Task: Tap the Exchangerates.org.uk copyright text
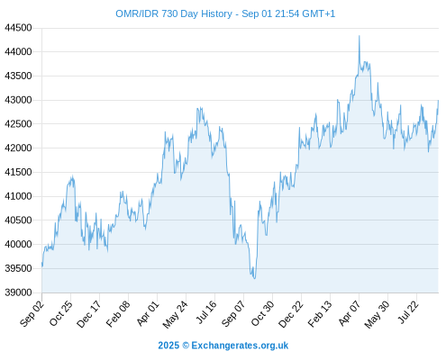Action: [x=223, y=346]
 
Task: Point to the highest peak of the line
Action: [x=360, y=36]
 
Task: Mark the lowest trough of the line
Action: [x=255, y=278]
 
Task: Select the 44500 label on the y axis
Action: [x=18, y=28]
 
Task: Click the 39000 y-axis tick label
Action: [x=18, y=292]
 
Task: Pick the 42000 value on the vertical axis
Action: [x=18, y=148]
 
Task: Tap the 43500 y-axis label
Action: [x=18, y=76]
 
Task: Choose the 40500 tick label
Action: [x=18, y=220]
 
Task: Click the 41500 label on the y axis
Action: [x=18, y=172]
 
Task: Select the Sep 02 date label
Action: [x=32, y=313]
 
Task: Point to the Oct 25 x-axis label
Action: [x=61, y=313]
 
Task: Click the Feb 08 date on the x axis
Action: [x=119, y=313]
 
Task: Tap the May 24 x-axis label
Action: [x=176, y=314]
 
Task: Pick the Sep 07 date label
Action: [x=234, y=313]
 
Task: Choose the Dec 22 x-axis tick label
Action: [x=291, y=314]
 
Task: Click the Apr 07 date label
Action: [x=350, y=313]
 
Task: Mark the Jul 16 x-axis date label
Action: [x=206, y=312]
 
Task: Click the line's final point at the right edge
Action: [x=438, y=101]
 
